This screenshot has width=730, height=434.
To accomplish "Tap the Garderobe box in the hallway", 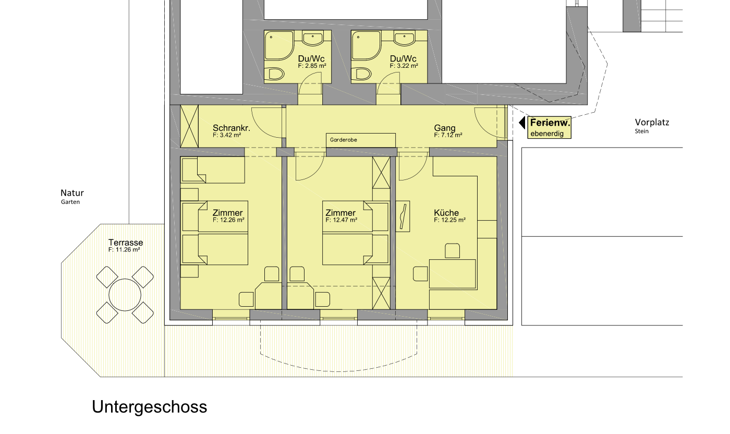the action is (361, 140).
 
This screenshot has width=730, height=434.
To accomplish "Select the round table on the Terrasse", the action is (125, 295).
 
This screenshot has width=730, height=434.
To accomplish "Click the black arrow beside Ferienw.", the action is (522, 123).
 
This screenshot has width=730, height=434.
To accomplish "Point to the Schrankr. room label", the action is (232, 128).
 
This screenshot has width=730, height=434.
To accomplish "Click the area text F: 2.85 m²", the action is (312, 66).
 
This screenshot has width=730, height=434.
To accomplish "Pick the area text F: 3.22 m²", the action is (404, 66).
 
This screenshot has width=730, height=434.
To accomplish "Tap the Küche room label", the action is (446, 213).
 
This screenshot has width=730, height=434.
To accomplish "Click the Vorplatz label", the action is (652, 122).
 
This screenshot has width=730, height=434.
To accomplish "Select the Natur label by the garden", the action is (72, 192).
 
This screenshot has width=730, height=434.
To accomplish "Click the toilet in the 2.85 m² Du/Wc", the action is (274, 74).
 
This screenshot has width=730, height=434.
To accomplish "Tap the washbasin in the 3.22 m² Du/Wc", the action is (405, 39).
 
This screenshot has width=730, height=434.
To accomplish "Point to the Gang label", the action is (444, 128).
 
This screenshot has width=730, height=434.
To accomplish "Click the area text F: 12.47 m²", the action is (341, 220).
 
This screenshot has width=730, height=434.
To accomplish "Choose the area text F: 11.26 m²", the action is (124, 250).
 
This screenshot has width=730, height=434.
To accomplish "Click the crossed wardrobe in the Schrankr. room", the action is (189, 126).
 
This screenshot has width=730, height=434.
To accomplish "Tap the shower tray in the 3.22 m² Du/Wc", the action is (366, 46).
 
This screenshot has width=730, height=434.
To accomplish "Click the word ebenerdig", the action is (547, 134).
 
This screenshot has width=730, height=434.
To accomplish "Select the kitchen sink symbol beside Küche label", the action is (403, 216).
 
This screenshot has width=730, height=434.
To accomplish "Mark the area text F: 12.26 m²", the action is (228, 220).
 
